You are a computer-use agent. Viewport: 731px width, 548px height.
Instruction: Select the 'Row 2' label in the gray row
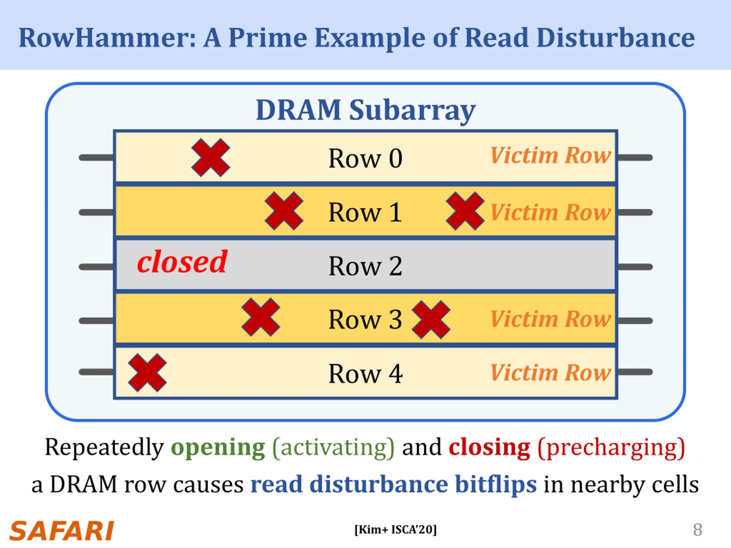tap(365, 266)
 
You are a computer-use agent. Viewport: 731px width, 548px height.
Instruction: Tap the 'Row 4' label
tap(365, 374)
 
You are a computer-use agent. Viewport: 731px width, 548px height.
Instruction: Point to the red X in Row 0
tap(211, 158)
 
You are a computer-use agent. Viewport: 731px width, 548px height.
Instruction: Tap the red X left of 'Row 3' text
tap(261, 317)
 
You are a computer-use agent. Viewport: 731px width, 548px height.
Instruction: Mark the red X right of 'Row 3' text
tap(431, 320)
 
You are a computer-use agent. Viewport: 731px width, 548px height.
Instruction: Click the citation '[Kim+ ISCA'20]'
tap(395, 529)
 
